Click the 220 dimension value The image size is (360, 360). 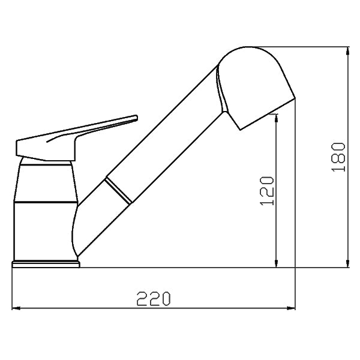154,298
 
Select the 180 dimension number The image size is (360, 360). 339,157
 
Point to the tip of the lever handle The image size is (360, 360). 134,118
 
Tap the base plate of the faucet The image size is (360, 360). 46,263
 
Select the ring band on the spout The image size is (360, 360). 118,190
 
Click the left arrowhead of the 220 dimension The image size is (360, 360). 15,309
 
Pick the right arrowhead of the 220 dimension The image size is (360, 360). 292,309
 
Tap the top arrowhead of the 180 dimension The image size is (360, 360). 349,53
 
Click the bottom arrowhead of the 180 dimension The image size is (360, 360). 349,264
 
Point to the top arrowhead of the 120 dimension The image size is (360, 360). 276,119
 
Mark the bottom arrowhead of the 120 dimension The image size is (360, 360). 276,264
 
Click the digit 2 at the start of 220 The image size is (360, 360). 141,298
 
